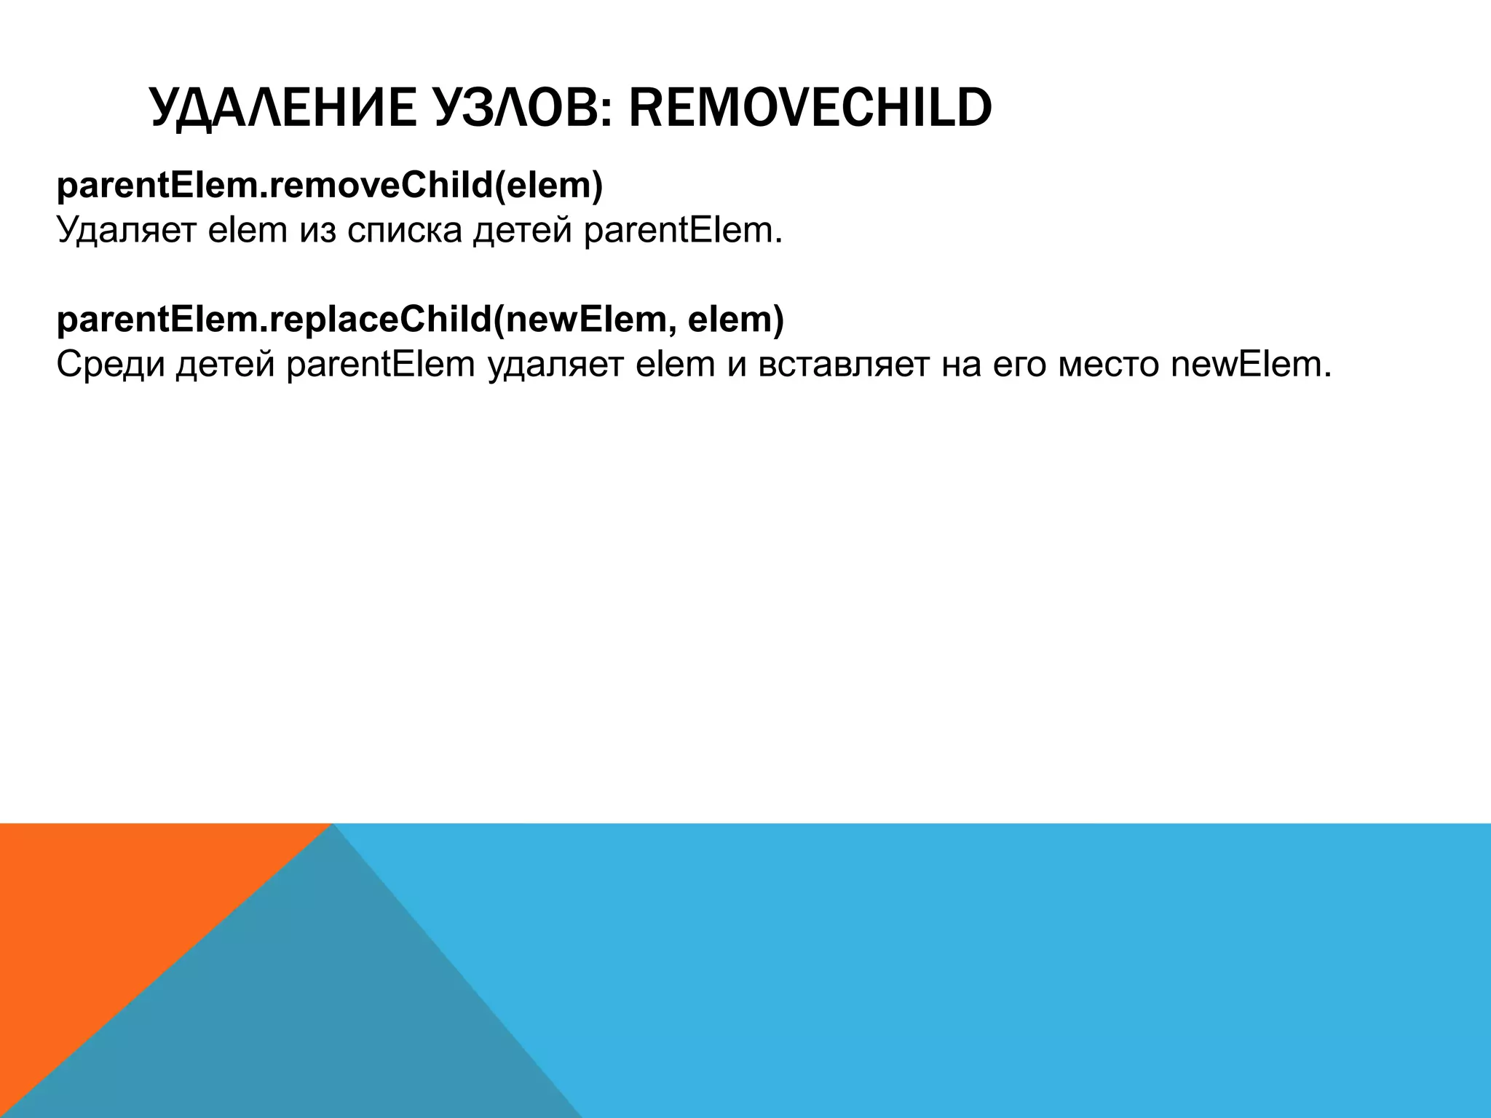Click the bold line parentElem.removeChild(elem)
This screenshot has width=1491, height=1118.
point(330,186)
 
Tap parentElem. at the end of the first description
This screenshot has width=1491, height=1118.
point(683,231)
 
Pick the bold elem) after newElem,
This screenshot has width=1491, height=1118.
point(735,320)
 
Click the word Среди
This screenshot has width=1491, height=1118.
point(109,365)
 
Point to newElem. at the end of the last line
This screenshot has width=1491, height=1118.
point(1251,365)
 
